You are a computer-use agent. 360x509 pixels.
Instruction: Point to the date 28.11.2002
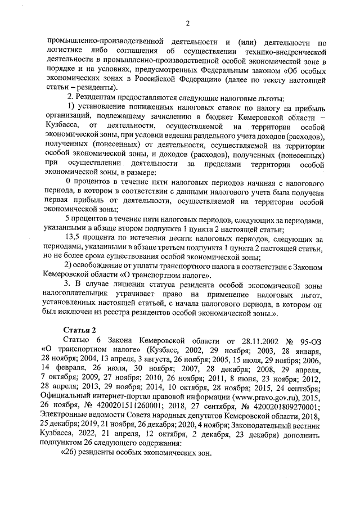[x=247, y=340]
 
